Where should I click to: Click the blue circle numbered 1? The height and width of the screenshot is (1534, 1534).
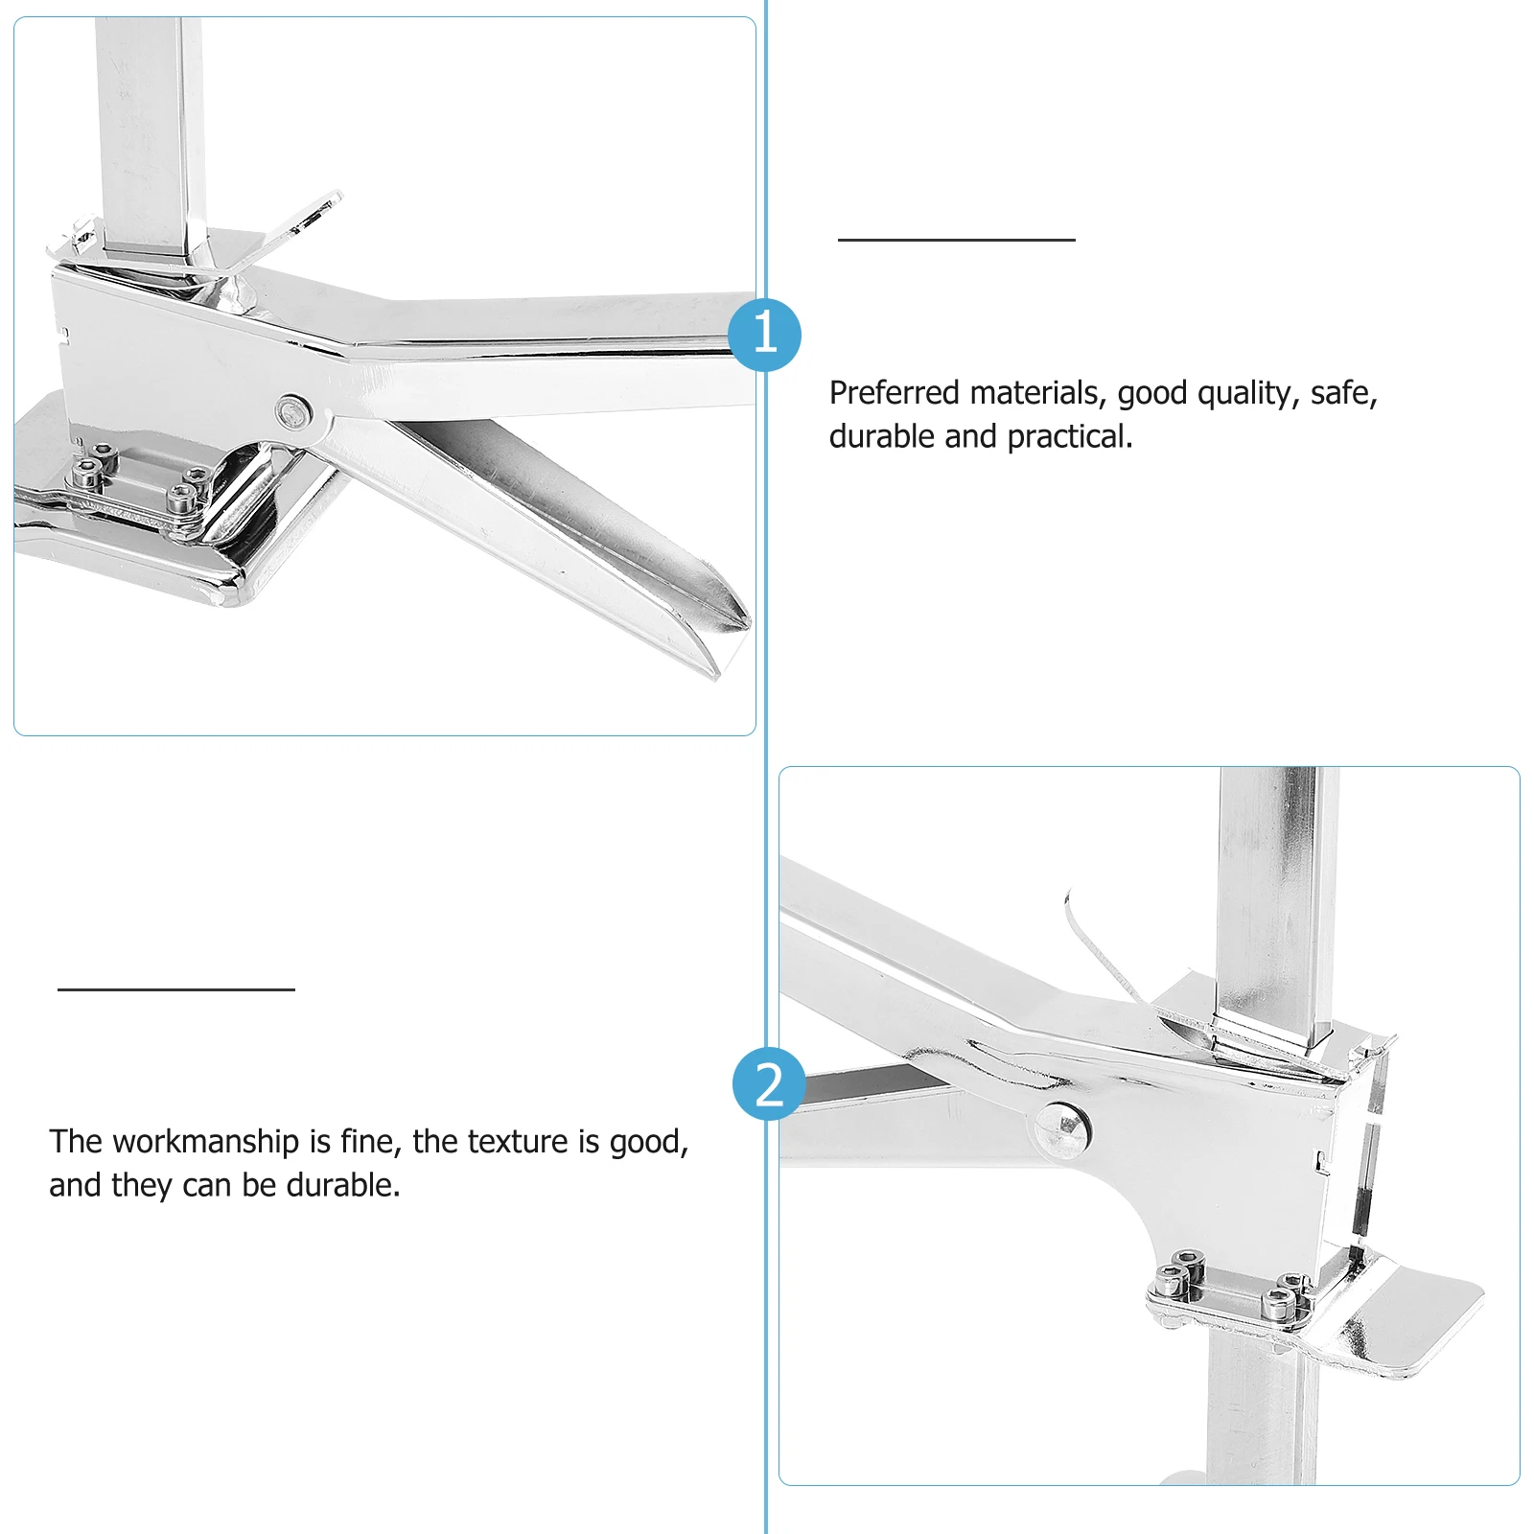(764, 335)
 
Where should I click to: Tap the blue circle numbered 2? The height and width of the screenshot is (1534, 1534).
(769, 1084)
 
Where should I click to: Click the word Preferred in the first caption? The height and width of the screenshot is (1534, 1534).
(895, 393)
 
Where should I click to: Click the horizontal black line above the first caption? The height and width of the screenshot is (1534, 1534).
(957, 239)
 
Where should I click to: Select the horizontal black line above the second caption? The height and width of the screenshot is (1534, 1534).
(176, 988)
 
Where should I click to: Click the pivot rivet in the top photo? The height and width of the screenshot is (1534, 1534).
(293, 412)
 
